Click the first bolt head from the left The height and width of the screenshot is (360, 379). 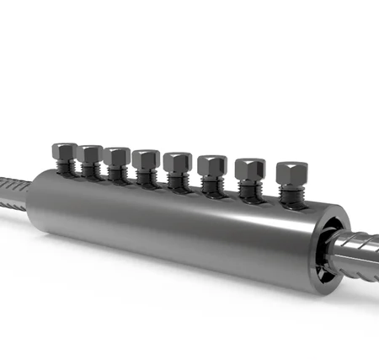tap(63, 152)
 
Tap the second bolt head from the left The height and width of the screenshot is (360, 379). tap(89, 154)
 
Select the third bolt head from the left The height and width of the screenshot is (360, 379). tap(117, 157)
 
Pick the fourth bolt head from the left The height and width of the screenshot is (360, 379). tap(146, 159)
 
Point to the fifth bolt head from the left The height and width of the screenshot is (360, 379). tap(177, 161)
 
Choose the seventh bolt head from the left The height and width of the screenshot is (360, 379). tap(248, 168)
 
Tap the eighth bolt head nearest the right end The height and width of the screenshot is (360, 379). tap(291, 173)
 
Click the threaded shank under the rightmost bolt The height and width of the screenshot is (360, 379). tap(291, 195)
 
